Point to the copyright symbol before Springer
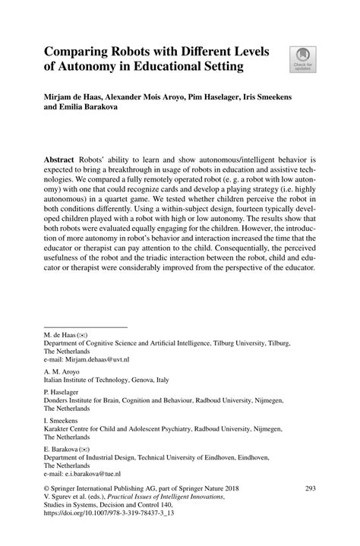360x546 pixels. point(46,489)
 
